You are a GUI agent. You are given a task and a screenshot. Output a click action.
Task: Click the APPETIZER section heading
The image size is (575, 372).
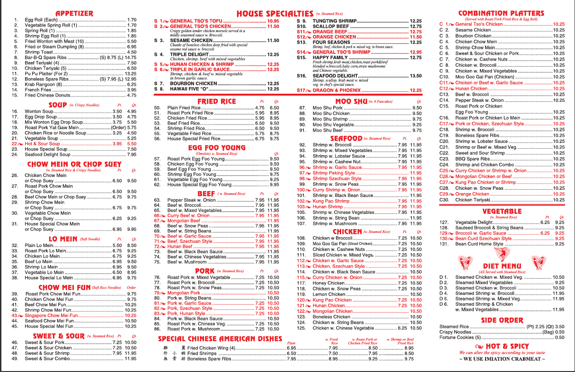74,14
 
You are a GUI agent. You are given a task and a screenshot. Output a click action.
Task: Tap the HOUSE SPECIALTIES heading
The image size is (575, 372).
274,14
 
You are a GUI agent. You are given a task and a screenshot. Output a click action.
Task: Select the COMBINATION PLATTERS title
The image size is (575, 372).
501,13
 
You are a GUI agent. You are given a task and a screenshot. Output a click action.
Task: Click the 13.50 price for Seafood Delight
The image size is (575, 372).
416,76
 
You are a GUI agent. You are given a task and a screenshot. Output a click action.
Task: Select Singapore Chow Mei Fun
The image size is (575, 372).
52,315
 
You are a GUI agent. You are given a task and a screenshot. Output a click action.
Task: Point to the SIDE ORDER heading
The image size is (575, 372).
502,320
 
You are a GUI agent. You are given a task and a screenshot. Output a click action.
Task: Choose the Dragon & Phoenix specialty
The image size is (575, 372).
336,90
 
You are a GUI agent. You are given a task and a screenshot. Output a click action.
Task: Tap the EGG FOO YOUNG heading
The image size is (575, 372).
217,148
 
